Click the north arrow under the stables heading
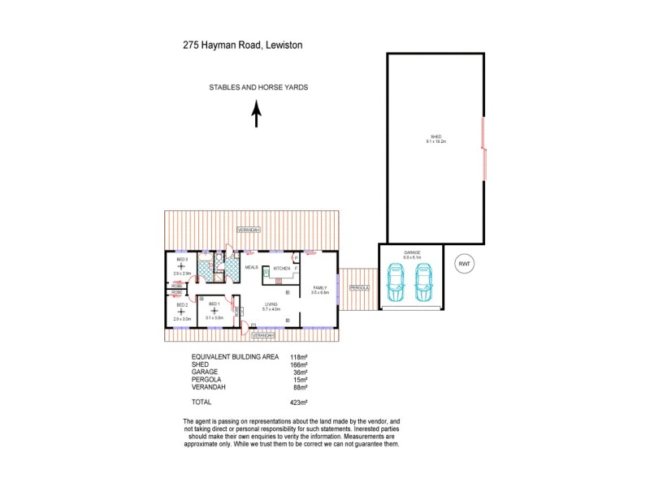[x=257, y=114]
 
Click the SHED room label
[x=436, y=136]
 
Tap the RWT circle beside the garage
[x=465, y=264]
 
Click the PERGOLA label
[x=360, y=287]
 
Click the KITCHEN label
[x=282, y=268]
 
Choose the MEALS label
[x=251, y=266]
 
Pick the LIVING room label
[x=270, y=304]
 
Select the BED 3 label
[x=182, y=260]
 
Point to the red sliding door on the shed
[x=485, y=149]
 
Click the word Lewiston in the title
[x=283, y=46]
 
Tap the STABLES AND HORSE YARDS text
[x=258, y=88]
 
